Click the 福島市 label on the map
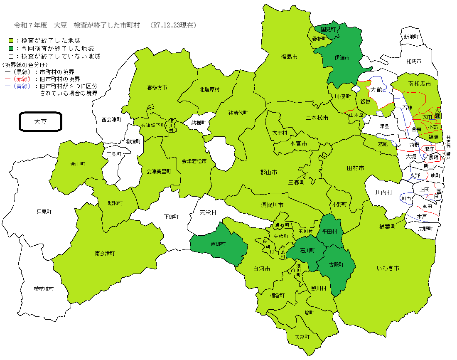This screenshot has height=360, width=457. pyautogui.click(x=289, y=56)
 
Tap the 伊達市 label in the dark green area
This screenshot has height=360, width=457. pyautogui.click(x=342, y=57)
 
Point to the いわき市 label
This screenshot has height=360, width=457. pyautogui.click(x=388, y=269)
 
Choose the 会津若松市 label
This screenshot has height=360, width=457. pyautogui.click(x=194, y=161)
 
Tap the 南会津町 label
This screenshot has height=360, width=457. pyautogui.click(x=105, y=253)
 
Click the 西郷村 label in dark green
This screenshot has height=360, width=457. pyautogui.click(x=219, y=244)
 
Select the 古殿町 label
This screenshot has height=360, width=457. pyautogui.click(x=336, y=265)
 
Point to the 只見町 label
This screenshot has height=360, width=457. pyautogui.click(x=44, y=212)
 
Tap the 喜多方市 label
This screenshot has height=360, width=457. pyautogui.click(x=157, y=88)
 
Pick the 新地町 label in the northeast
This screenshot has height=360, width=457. pyautogui.click(x=411, y=37)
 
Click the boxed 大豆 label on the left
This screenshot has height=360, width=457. pyautogui.click(x=41, y=122)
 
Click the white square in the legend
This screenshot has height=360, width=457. pyautogui.click(x=11, y=56)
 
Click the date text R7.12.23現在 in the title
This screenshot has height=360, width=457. pyautogui.click(x=174, y=25)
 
